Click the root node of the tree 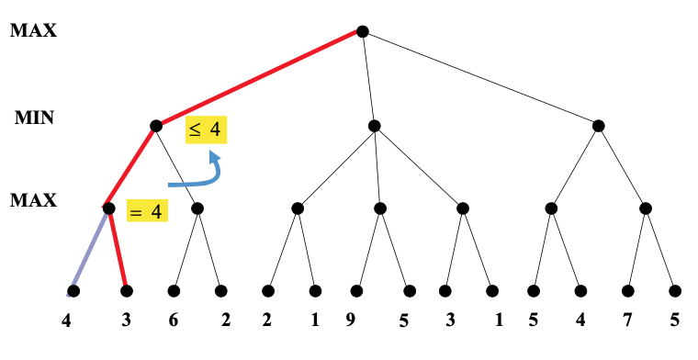(x=362, y=32)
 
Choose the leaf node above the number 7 (x=627, y=291)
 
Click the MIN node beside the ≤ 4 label (x=155, y=126)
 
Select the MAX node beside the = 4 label (x=108, y=208)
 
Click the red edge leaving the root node (x=258, y=79)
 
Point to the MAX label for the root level (x=33, y=31)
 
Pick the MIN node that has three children (x=374, y=126)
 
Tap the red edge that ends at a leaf (x=118, y=250)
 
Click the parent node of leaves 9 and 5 (x=379, y=208)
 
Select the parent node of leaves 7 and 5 (x=646, y=208)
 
